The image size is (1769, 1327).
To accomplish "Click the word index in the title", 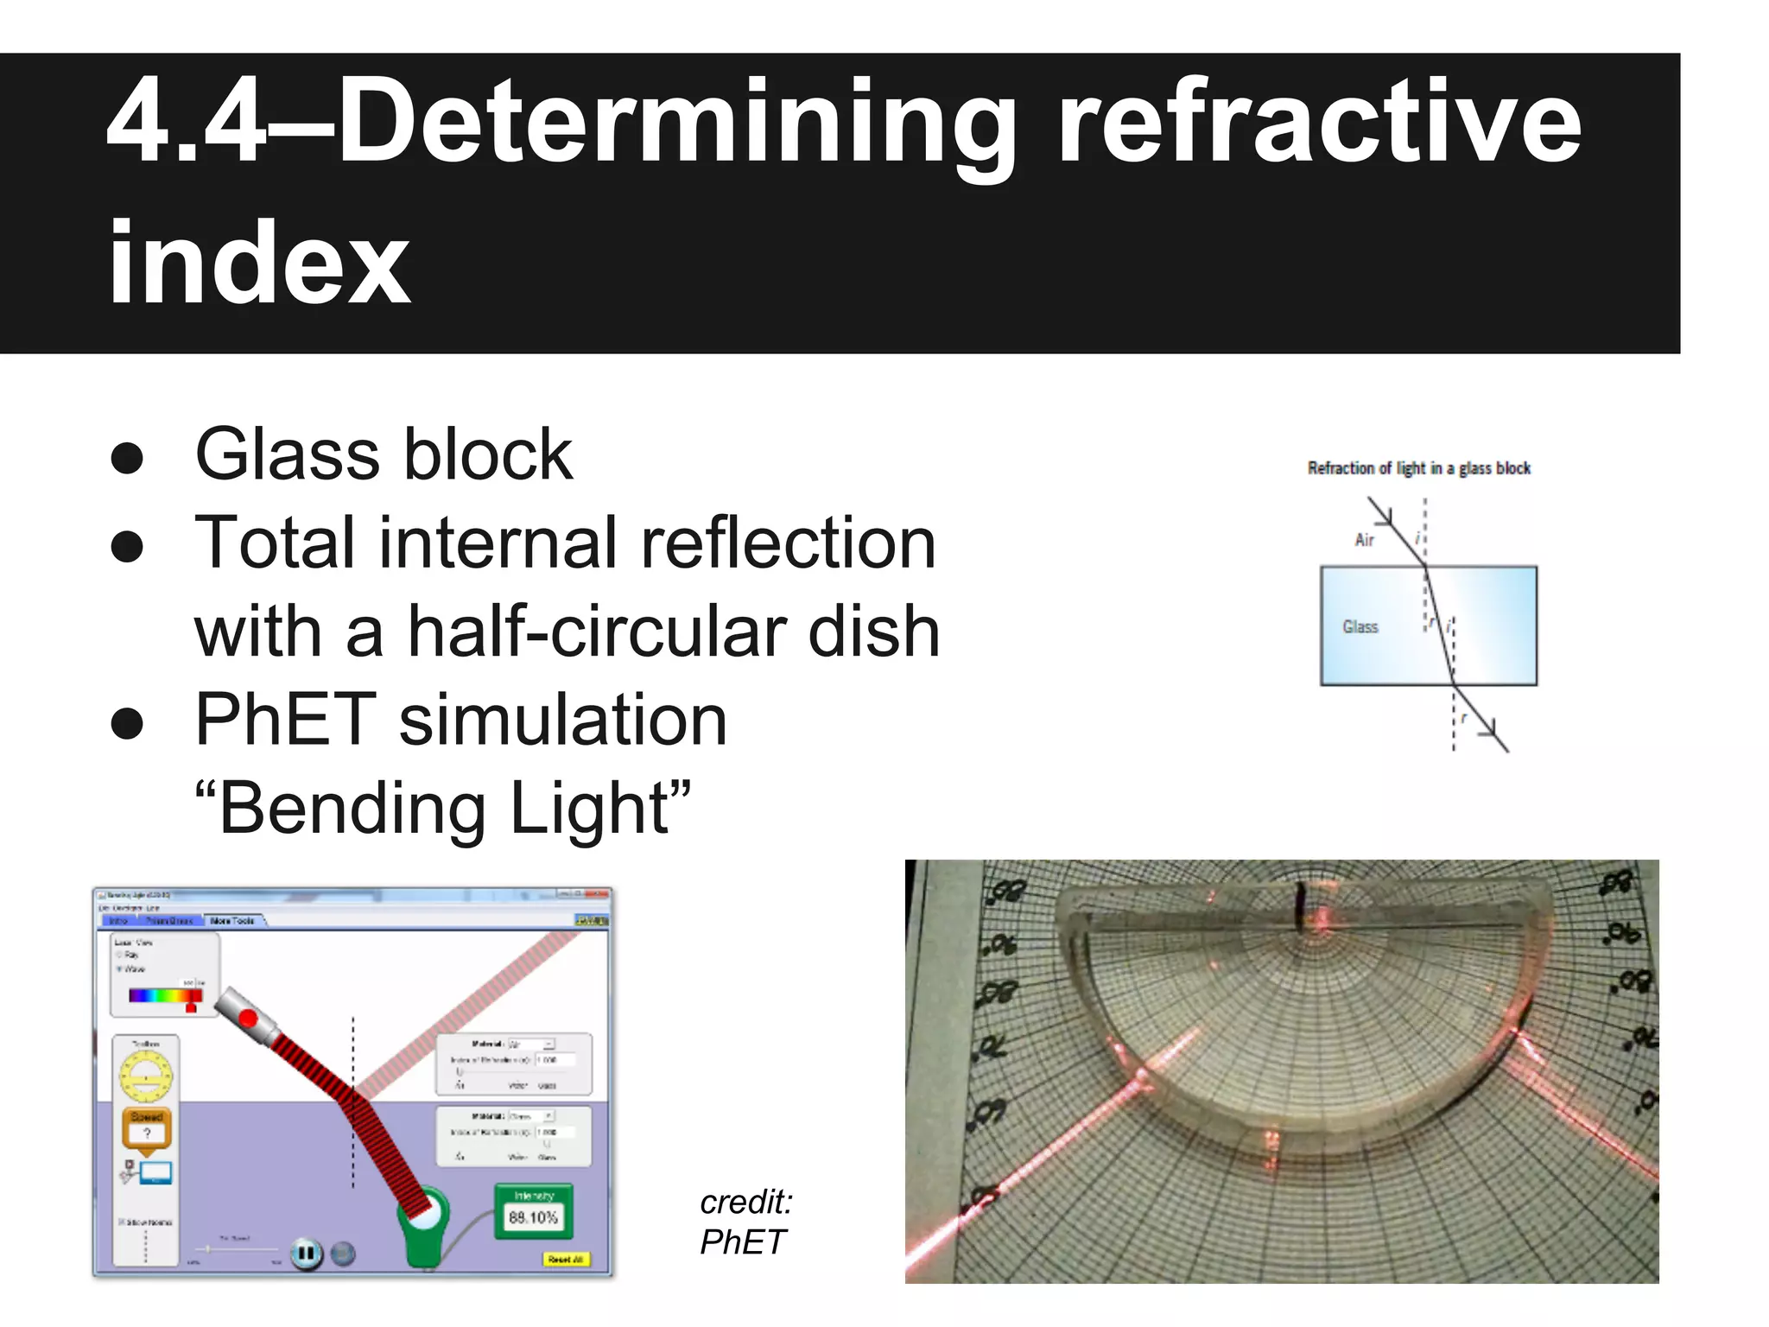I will pyautogui.click(x=258, y=263).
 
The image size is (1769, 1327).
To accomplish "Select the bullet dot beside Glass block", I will pyautogui.click(x=127, y=457).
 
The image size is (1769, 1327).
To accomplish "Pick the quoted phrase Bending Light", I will pyautogui.click(x=443, y=809).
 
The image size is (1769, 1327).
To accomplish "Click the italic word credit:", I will pyautogui.click(x=745, y=1202).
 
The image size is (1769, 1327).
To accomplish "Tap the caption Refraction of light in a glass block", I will pyautogui.click(x=1418, y=468).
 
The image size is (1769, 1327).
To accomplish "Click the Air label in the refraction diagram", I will pyautogui.click(x=1364, y=540).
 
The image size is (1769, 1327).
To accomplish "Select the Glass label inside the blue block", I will pyautogui.click(x=1360, y=627).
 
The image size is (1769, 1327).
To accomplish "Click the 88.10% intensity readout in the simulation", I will pyautogui.click(x=533, y=1217).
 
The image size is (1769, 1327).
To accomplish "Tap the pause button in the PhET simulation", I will pyautogui.click(x=306, y=1253).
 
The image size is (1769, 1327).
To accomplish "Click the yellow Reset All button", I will pyautogui.click(x=565, y=1260).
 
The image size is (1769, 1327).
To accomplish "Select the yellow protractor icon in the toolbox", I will pyautogui.click(x=146, y=1076).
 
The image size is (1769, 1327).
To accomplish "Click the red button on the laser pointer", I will pyautogui.click(x=249, y=1018).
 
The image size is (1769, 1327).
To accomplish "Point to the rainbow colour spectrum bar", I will pyautogui.click(x=164, y=995).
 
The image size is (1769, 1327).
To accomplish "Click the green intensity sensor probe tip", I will pyautogui.click(x=423, y=1219).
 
